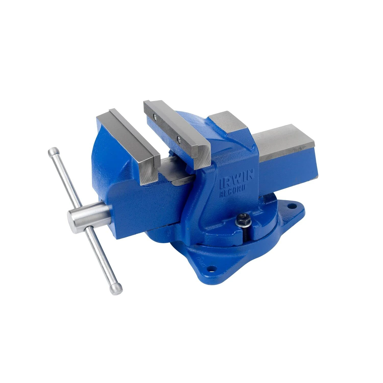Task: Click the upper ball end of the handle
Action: pyautogui.click(x=52, y=151)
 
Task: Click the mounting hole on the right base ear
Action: pyautogui.click(x=290, y=205)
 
